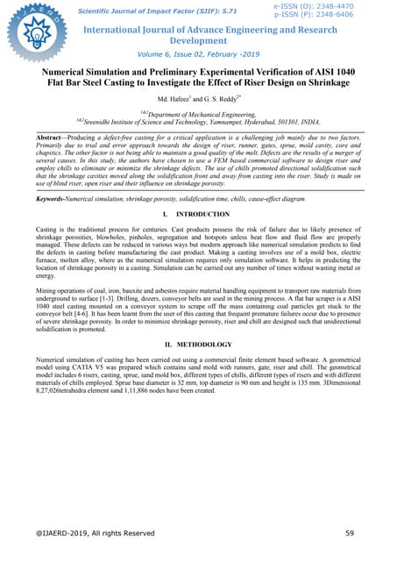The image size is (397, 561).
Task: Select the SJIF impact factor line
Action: pos(158,12)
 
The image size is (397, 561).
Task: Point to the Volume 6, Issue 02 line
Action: pos(198,54)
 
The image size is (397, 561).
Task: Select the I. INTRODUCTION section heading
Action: pos(198,215)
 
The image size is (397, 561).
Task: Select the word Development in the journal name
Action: pos(198,40)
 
